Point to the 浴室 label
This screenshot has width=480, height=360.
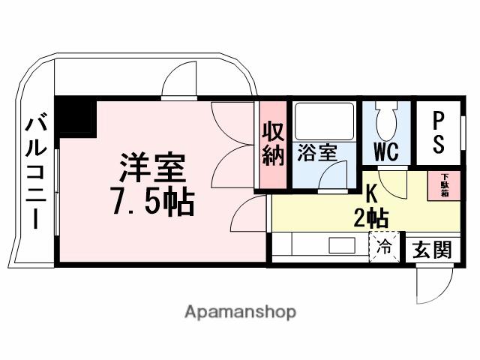pyautogui.click(x=317, y=152)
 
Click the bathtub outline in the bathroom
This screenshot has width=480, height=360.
pyautogui.click(x=323, y=120)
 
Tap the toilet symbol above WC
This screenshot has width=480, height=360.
pyautogui.click(x=385, y=119)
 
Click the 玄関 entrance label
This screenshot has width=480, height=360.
pyautogui.click(x=433, y=250)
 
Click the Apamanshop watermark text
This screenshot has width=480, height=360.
pyautogui.click(x=240, y=311)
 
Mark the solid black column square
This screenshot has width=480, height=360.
pyautogui.click(x=76, y=118)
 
